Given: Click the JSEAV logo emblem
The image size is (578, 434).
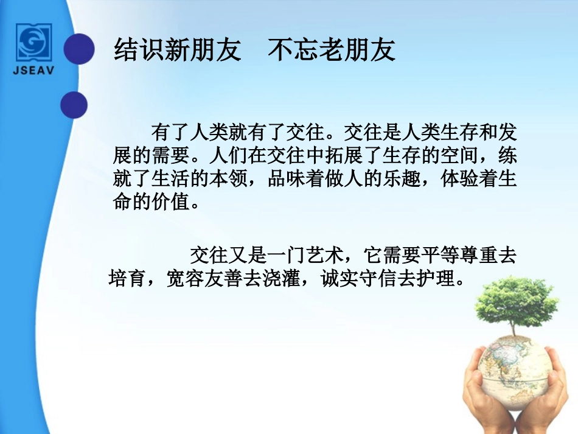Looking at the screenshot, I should click(x=34, y=41).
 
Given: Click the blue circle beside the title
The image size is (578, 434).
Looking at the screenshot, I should click(x=80, y=49).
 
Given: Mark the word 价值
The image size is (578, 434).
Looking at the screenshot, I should click(x=169, y=202).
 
